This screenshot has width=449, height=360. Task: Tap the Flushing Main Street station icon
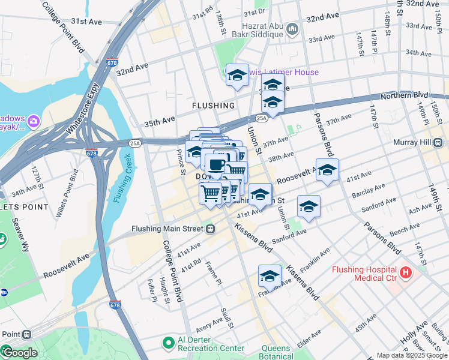pyautogui.click(x=211, y=229)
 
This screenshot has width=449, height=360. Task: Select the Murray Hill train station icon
pyautogui.click(x=438, y=143)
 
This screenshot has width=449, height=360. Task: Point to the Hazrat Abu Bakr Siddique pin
pyautogui.click(x=292, y=29)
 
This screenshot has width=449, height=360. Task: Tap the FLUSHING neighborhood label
pyautogui.click(x=213, y=106)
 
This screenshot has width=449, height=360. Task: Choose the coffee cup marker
pyautogui.click(x=216, y=164)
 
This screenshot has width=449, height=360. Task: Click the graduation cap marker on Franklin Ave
pyautogui.click(x=270, y=276)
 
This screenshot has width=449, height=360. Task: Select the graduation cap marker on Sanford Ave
pyautogui.click(x=309, y=206)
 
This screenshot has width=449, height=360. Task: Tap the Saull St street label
pyautogui.click(x=227, y=318)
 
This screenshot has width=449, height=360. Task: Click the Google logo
pyautogui.click(x=19, y=353)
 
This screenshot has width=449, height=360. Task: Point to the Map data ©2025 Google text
pyautogui.click(x=411, y=355)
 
